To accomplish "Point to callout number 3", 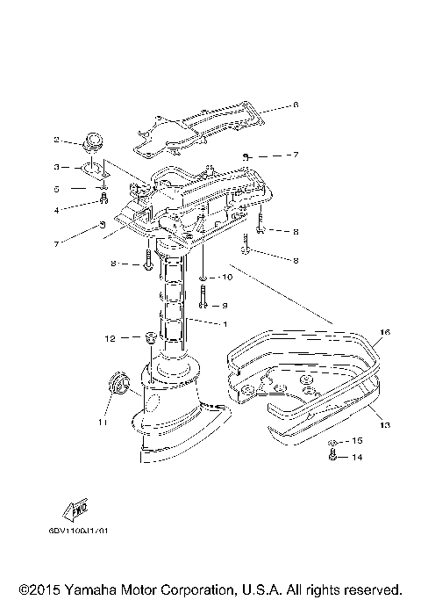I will (56, 166).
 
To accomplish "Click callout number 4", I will (56, 209).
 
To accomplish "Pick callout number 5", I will (56, 188).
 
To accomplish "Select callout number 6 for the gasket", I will (296, 105).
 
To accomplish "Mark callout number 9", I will (225, 305).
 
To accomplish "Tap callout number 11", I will (102, 423).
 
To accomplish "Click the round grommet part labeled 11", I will (114, 386).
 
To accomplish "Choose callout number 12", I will (110, 337).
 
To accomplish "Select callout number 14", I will (357, 458).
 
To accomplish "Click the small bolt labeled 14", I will (333, 455).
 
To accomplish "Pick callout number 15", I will (357, 440).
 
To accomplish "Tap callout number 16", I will (383, 334).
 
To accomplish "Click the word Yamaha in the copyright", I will (90, 588).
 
